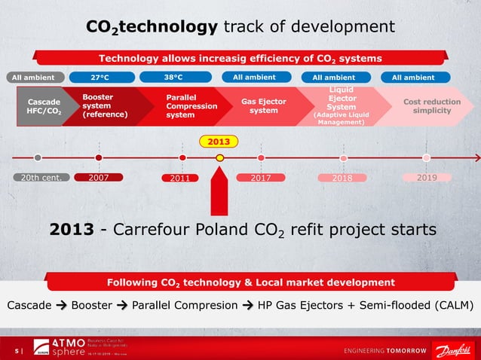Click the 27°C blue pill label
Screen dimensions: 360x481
pyautogui.click(x=102, y=77)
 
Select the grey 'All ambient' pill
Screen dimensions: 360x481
pyautogui.click(x=34, y=77)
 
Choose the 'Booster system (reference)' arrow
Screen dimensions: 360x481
pyautogui.click(x=106, y=106)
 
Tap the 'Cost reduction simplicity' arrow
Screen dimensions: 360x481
pyautogui.click(x=426, y=106)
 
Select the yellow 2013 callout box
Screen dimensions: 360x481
pyautogui.click(x=219, y=141)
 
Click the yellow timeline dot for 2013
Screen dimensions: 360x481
pyautogui.click(x=219, y=158)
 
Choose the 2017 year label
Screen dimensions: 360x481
pyautogui.click(x=260, y=178)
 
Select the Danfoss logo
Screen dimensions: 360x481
pyautogui.click(x=452, y=350)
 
